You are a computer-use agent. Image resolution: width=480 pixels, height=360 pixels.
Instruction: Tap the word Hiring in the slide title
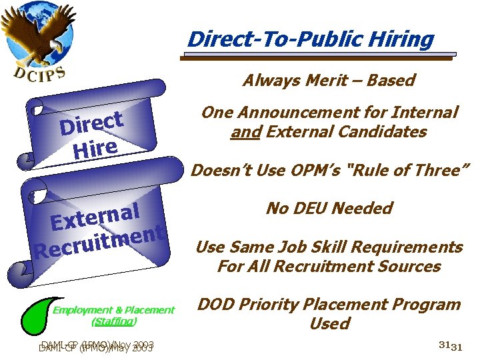(x=403, y=39)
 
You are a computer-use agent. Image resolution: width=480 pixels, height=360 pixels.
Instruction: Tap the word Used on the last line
(x=329, y=324)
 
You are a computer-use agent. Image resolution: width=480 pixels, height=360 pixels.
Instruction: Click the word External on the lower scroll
(x=97, y=217)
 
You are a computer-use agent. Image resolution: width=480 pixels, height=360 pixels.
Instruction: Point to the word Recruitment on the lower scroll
(x=101, y=243)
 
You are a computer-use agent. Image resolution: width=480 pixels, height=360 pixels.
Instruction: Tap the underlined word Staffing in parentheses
(x=113, y=321)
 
